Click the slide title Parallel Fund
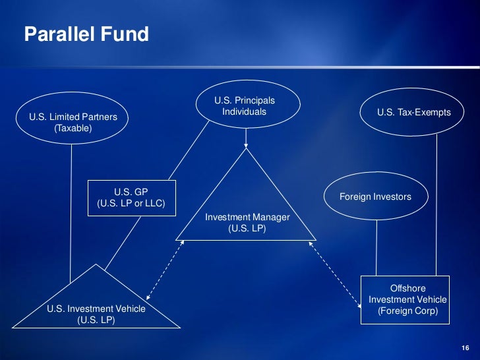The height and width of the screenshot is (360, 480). coord(86,34)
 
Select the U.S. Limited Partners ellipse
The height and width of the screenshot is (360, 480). coord(73,118)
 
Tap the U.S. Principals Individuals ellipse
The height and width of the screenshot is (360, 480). coord(245,105)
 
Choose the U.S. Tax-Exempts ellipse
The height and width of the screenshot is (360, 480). coord(413,113)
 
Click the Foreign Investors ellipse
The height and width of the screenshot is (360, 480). coord(375,196)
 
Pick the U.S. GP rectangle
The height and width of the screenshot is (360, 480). coord(131,197)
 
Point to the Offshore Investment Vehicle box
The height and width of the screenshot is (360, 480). coord(407,299)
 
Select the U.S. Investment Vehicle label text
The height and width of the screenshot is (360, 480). coord(96,309)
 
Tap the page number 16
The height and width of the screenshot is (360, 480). coord(465,348)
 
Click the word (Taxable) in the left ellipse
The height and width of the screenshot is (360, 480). coord(73,129)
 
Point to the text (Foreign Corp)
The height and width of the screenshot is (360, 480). coord(407,311)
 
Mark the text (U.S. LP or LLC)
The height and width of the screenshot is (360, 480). coord(131,203)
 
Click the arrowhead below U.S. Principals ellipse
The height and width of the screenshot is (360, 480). coord(246,144)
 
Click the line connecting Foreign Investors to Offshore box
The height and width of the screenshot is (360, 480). coord(376,247)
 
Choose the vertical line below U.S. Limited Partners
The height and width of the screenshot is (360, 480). coord(71,211)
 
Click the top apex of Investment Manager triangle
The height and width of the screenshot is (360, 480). coord(246,150)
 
